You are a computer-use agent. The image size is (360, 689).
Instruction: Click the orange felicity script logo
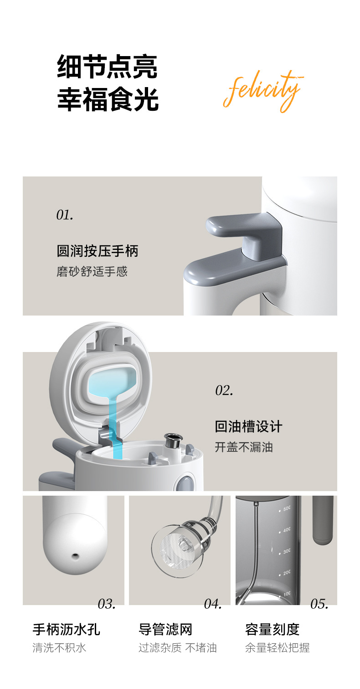[x=263, y=91]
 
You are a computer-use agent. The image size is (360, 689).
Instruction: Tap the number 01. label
[x=65, y=215]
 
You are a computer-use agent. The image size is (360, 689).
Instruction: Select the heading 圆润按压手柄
[x=98, y=251]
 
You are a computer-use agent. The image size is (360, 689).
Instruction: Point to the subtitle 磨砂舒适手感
[x=92, y=271]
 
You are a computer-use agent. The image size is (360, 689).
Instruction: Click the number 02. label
[x=224, y=390]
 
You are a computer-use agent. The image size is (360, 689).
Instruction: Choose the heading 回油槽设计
[x=248, y=426]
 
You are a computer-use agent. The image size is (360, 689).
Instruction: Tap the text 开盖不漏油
[x=244, y=447]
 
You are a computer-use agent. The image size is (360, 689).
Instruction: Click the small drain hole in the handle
[x=75, y=556]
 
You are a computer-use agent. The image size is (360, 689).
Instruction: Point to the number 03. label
[x=107, y=604]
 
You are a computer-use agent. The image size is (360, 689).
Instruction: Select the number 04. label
[x=213, y=604]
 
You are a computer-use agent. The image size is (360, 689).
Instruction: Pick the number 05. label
[x=319, y=604]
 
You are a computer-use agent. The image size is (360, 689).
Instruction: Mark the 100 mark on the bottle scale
[x=287, y=594]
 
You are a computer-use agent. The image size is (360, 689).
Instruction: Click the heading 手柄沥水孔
[x=67, y=629]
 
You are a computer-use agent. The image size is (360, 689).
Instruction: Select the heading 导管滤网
[x=165, y=629]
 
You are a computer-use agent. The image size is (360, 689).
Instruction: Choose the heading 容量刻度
[x=273, y=629]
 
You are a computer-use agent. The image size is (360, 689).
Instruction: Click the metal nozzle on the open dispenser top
[x=173, y=441]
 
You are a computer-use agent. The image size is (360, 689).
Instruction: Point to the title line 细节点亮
[x=107, y=67]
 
